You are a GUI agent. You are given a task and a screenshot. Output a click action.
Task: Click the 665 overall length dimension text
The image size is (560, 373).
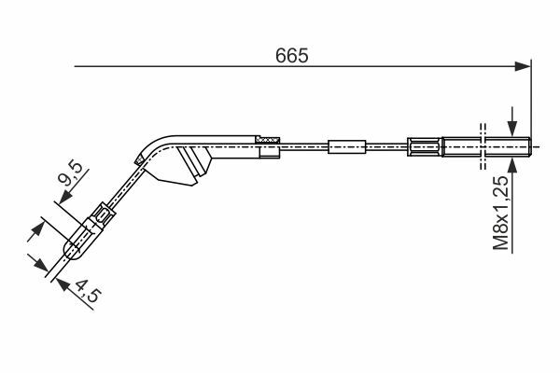click(291, 56)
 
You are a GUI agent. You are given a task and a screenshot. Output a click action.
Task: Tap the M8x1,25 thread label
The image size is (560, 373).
click(500, 213)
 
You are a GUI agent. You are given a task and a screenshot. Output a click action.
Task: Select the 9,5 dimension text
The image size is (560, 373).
click(70, 173)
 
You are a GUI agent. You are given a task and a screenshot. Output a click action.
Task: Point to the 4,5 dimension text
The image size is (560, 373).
click(89, 291)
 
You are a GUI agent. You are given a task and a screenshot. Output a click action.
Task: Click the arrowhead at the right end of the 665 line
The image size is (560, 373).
click(523, 66)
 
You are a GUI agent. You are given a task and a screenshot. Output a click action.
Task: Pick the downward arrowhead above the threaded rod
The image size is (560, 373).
click(512, 129)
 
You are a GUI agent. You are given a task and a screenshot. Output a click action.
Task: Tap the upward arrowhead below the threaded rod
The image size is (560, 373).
click(512, 166)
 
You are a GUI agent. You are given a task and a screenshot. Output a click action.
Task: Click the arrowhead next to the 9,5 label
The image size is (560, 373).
click(65, 197)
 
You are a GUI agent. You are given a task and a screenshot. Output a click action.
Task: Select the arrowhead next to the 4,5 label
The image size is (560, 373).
click(63, 284)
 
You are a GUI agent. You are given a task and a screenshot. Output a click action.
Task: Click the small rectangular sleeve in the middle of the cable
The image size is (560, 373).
click(347, 146)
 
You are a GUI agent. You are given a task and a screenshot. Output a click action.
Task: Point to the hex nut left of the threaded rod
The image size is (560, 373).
click(425, 146)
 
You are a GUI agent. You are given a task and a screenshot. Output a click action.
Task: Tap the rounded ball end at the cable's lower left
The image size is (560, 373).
click(72, 249)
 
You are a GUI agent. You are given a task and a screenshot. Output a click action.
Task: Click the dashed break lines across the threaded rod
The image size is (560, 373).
click(483, 146)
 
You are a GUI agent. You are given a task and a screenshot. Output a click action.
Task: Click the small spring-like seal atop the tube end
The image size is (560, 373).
click(268, 140)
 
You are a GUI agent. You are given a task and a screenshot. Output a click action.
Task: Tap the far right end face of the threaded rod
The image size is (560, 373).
click(530, 146)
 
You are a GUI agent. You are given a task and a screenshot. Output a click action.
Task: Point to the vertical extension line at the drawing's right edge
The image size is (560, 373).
click(531, 99)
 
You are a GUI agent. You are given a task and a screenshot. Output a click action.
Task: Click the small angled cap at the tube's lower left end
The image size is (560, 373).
click(139, 159)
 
